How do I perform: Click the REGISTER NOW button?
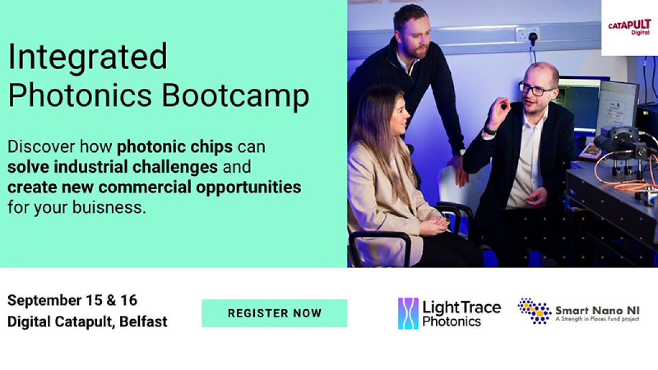tap(274, 313)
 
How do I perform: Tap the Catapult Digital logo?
tap(629, 27)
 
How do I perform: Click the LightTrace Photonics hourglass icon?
tap(408, 314)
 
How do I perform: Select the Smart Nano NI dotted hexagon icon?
tap(534, 311)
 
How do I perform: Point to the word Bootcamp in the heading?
tap(235, 96)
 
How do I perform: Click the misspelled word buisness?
tap(109, 207)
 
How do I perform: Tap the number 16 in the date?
tap(129, 300)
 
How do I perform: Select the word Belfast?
tap(143, 322)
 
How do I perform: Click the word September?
tap(44, 301)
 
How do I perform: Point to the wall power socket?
tap(527, 35)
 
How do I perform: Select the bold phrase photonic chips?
tap(175, 147)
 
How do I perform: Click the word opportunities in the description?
tap(248, 187)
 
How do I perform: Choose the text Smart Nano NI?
tap(598, 310)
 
